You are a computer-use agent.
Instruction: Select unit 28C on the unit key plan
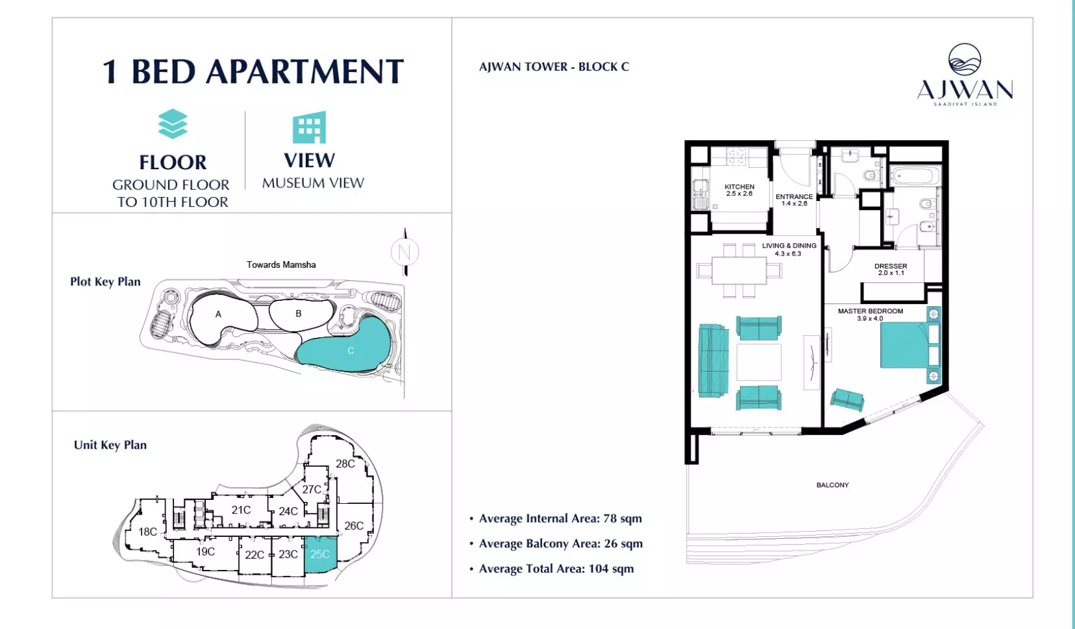[x=345, y=464]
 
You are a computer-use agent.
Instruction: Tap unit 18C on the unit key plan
[x=148, y=532]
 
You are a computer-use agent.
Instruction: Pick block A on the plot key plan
[x=218, y=314]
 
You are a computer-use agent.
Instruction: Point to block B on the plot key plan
[x=299, y=314]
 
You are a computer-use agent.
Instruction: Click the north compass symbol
[x=405, y=252]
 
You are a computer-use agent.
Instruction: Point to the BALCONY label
[x=833, y=484]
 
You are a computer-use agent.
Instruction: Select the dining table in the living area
[x=739, y=271]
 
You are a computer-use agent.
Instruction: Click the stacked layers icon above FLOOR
[x=173, y=124]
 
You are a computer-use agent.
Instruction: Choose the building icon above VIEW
[x=310, y=128]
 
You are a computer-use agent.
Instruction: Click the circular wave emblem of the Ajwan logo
[x=965, y=60]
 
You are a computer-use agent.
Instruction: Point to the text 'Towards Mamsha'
[x=281, y=265]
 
